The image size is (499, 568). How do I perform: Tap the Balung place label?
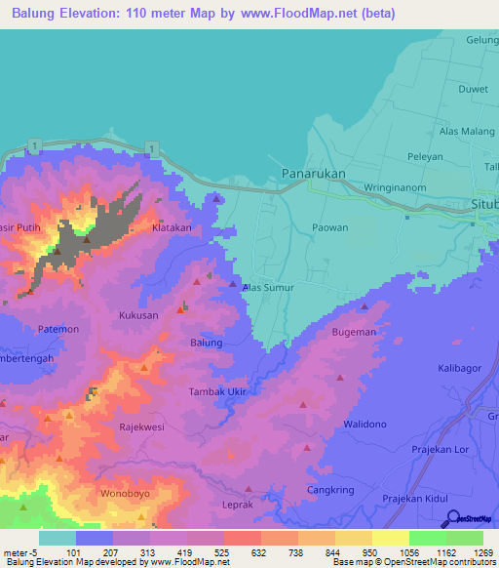pos(206,343)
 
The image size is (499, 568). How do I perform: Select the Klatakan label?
pos(172,227)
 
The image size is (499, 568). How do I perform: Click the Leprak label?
pos(239,506)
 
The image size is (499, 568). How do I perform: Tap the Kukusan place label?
pos(137,316)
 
